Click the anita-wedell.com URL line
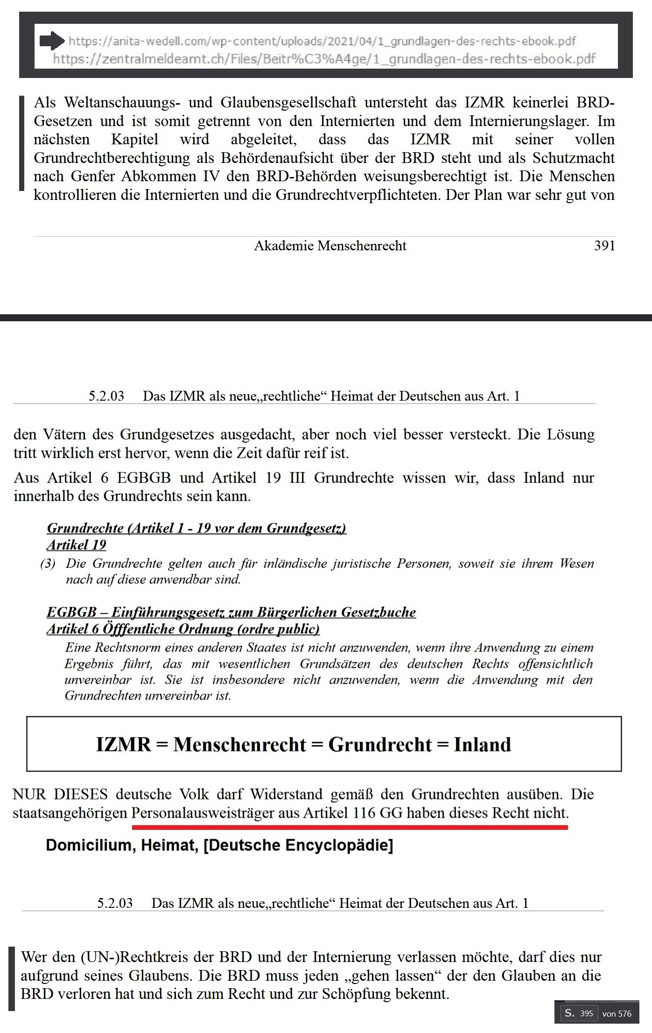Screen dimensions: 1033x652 tap(322, 42)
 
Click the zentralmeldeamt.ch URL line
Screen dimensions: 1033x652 tap(324, 59)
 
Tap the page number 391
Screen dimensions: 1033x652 tap(604, 246)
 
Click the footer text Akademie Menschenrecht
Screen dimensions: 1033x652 tap(330, 246)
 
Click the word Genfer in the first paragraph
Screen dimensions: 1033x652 tap(92, 177)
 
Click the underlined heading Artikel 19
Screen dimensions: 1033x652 tap(77, 545)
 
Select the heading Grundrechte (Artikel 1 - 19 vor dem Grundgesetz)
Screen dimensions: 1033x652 tap(196, 528)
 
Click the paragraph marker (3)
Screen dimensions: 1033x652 tap(48, 563)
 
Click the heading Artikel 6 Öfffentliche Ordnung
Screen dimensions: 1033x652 tap(183, 629)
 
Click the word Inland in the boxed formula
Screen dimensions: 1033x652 tap(482, 744)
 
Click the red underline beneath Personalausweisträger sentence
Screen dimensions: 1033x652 tap(350, 827)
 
